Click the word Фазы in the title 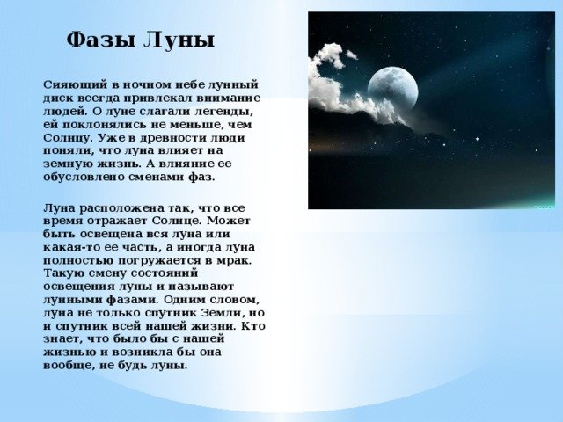pyautogui.click(x=101, y=40)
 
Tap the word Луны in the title pyautogui.click(x=179, y=40)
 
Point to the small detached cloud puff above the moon pyautogui.click(x=352, y=55)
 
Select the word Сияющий pyautogui.click(x=76, y=85)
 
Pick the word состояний pyautogui.click(x=165, y=273)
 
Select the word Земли pyautogui.click(x=220, y=313)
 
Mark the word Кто pyautogui.click(x=252, y=326)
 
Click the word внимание pyautogui.click(x=230, y=98)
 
